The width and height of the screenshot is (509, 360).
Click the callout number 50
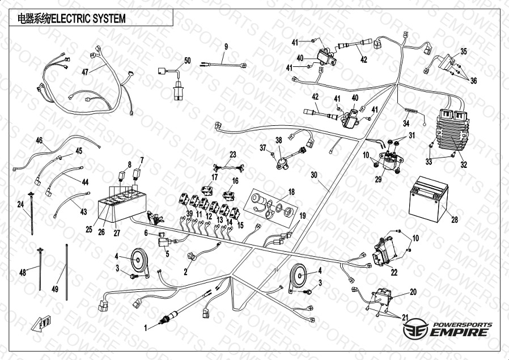(x=188, y=60)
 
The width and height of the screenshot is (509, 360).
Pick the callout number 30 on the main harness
(x=314, y=176)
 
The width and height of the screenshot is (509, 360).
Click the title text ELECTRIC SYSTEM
(x=88, y=19)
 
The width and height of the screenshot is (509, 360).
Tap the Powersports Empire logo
(x=447, y=329)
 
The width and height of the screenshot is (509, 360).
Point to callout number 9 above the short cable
(x=226, y=46)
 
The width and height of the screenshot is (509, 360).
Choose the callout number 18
(x=291, y=192)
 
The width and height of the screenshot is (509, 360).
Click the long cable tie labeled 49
(x=67, y=272)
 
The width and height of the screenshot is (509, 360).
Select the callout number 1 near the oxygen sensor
(x=146, y=328)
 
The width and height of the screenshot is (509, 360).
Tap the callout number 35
(x=463, y=52)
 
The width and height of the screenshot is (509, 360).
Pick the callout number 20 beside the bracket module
(x=413, y=291)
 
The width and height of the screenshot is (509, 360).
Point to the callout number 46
(x=39, y=141)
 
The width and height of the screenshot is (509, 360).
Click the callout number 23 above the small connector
(x=232, y=154)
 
